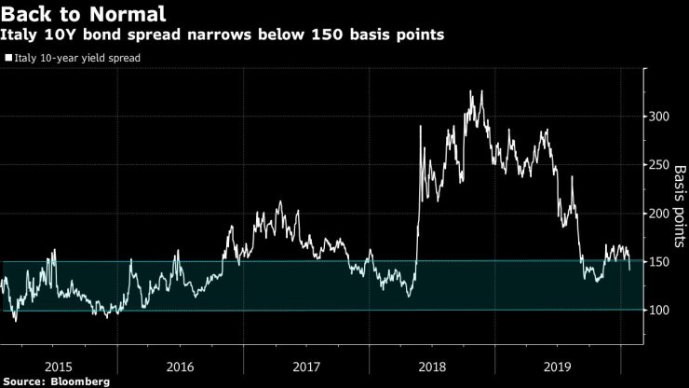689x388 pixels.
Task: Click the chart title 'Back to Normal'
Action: pos(85,14)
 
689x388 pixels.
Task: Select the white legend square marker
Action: pos(8,58)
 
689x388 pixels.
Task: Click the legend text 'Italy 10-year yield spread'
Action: pos(79,58)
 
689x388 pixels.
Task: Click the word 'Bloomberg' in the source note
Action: pos(79,381)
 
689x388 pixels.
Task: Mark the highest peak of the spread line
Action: pos(470,91)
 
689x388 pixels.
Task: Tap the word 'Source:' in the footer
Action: pos(25,381)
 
